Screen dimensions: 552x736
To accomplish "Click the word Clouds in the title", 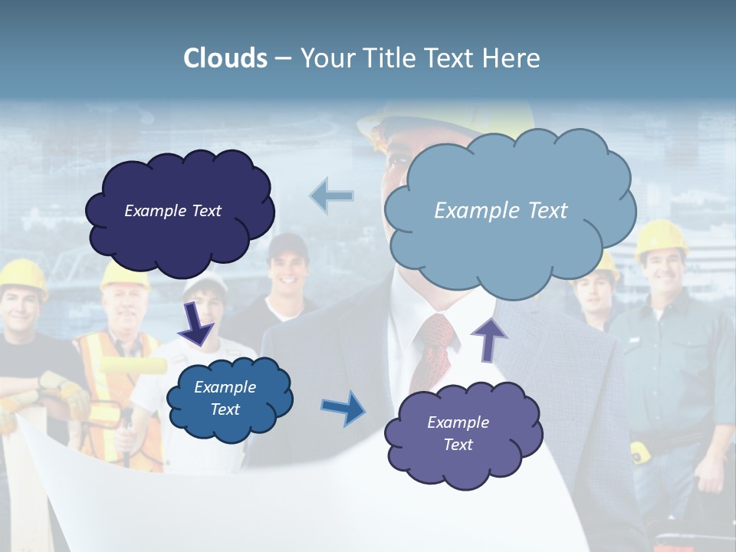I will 225,58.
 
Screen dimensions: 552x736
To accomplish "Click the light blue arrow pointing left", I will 332,196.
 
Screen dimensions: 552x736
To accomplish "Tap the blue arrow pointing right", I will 343,408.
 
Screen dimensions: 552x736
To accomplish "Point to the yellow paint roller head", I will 133,366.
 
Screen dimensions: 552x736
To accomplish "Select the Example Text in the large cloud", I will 501,211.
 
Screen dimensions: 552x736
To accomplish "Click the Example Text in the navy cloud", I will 172,211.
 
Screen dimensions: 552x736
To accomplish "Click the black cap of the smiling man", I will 289,245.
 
